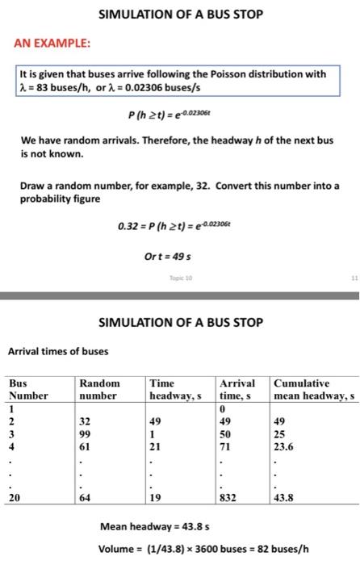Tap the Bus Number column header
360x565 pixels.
coord(29,389)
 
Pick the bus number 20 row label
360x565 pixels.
coord(15,499)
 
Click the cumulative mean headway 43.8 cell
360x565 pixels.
coord(285,499)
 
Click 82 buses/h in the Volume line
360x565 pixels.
coord(283,550)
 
